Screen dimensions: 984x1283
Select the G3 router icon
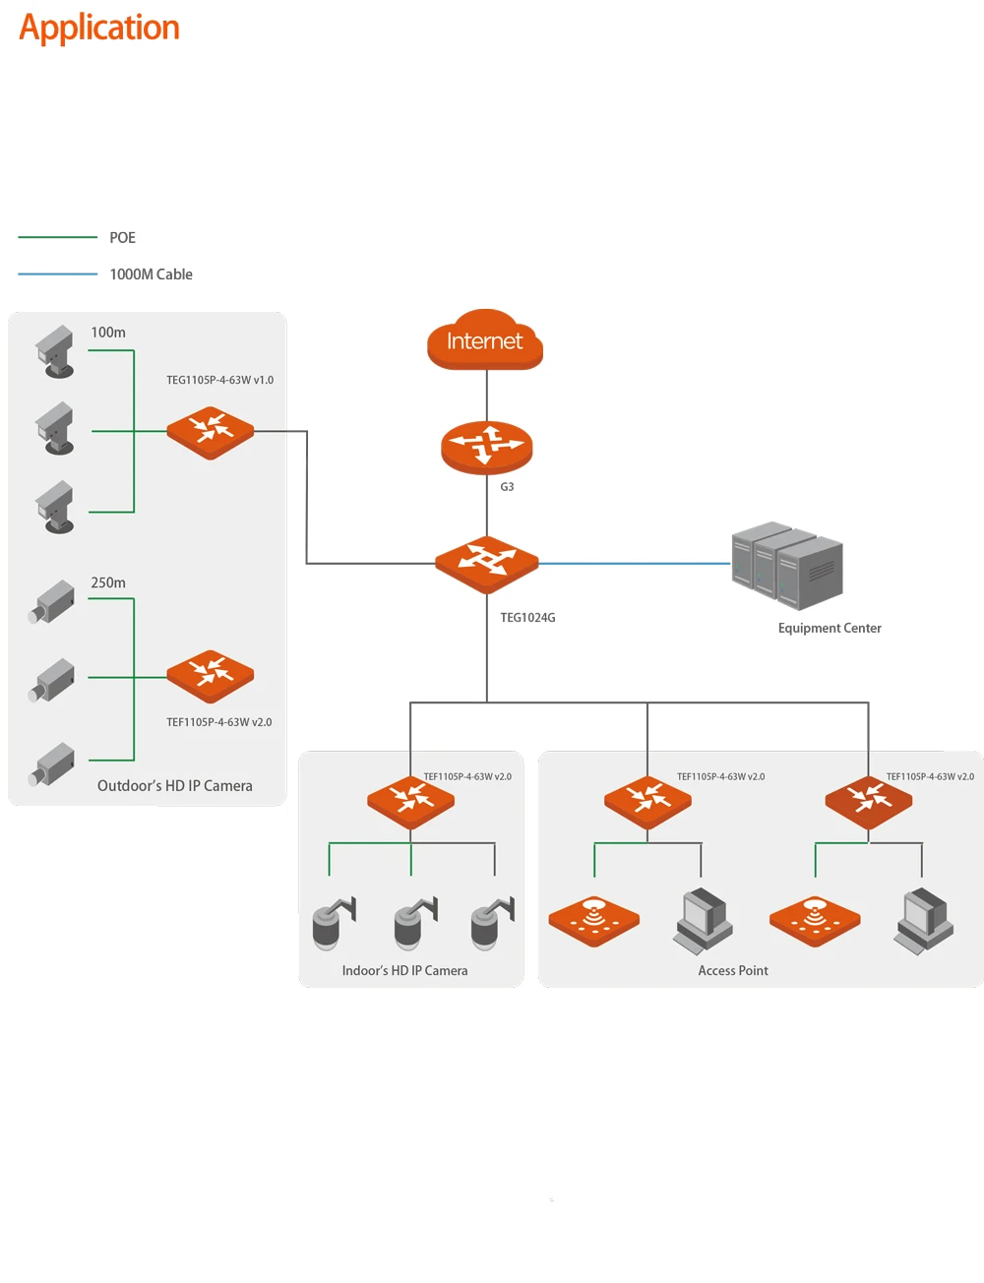click(486, 446)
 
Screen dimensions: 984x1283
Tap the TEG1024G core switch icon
click(486, 563)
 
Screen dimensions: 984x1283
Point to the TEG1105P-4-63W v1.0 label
click(219, 379)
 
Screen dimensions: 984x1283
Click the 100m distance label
click(107, 332)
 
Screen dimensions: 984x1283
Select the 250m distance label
click(107, 581)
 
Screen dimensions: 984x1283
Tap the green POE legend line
click(57, 236)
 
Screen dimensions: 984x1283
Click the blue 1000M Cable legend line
click(57, 274)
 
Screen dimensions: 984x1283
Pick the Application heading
click(98, 28)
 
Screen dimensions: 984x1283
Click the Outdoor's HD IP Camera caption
click(174, 785)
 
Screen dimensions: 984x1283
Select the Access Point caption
click(732, 969)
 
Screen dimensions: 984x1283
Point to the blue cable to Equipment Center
click(634, 563)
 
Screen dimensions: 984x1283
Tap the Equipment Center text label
click(829, 627)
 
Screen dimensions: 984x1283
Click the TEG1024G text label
click(526, 616)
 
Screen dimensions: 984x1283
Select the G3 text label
click(506, 486)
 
